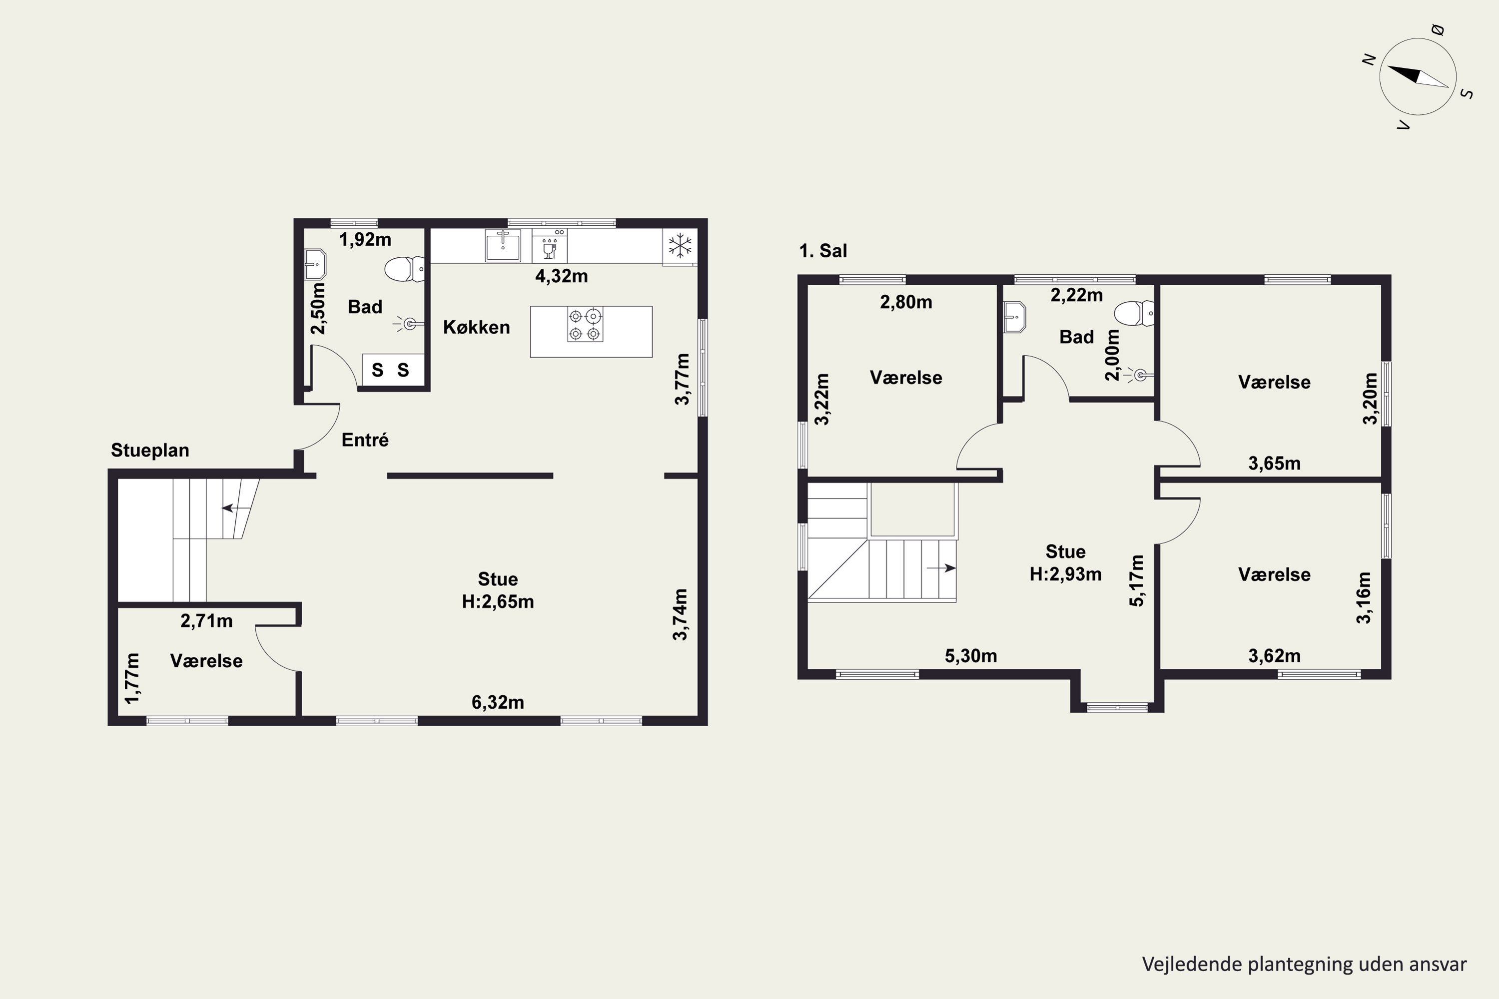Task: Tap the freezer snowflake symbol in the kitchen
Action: [680, 245]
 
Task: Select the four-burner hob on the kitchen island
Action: [585, 324]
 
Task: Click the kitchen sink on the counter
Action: [502, 245]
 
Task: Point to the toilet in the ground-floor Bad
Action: [405, 269]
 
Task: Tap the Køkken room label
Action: [477, 328]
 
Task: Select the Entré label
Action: [365, 440]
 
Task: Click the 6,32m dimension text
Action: [498, 702]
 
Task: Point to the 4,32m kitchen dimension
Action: [562, 276]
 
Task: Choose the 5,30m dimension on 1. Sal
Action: [971, 655]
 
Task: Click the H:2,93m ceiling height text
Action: [1066, 574]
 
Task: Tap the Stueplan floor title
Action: [150, 451]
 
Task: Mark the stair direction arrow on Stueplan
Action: [236, 508]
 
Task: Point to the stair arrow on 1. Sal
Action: [941, 567]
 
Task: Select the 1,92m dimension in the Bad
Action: [365, 240]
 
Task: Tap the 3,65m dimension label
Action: [1275, 463]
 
